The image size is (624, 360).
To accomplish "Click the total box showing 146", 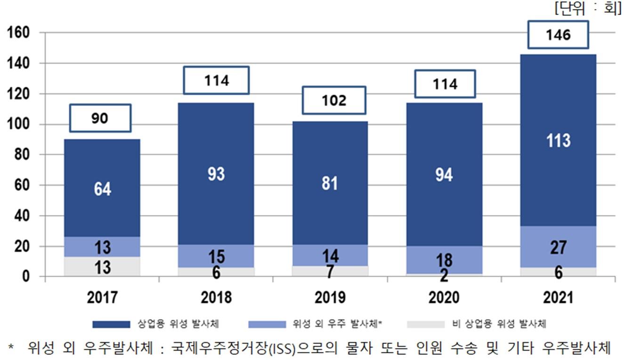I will pyautogui.click(x=558, y=34).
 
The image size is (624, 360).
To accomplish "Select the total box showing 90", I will pyautogui.click(x=100, y=118).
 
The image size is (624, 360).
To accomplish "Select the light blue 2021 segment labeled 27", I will pyautogui.click(x=559, y=247).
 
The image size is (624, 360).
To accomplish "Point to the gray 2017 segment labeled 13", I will pyautogui.click(x=102, y=267).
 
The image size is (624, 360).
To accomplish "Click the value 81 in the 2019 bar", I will pyautogui.click(x=330, y=183).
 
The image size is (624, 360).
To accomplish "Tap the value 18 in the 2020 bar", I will pyautogui.click(x=444, y=260).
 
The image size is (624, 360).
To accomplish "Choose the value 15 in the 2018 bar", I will pyautogui.click(x=216, y=257).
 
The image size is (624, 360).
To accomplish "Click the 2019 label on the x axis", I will pyautogui.click(x=330, y=298).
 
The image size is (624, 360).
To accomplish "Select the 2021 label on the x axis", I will pyautogui.click(x=558, y=298).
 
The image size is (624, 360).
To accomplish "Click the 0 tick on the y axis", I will pyautogui.click(x=26, y=276).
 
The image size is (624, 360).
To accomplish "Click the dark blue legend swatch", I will pyautogui.click(x=111, y=324).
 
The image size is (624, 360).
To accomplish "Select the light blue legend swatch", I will pyautogui.click(x=267, y=324).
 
